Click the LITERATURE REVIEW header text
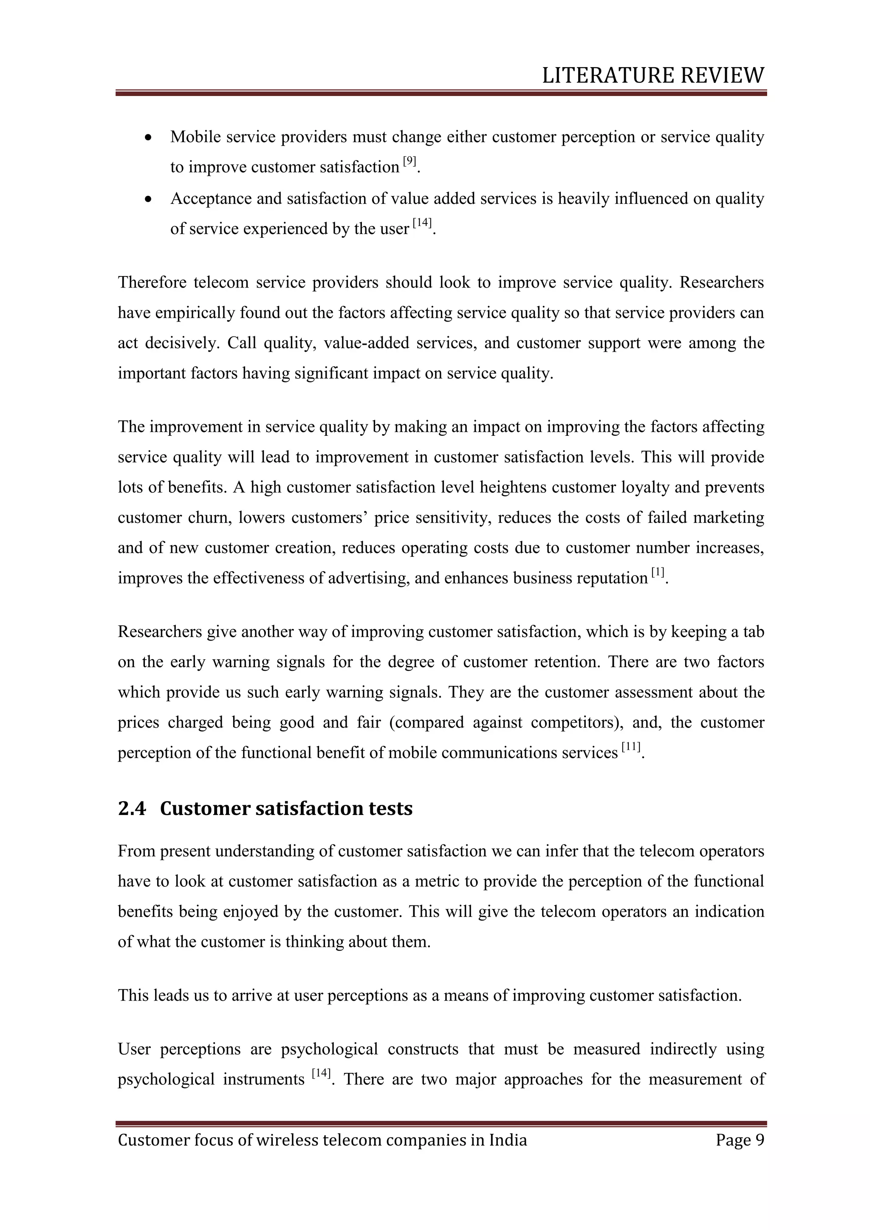pos(652,76)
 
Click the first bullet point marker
pos(150,138)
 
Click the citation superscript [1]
pos(658,573)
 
